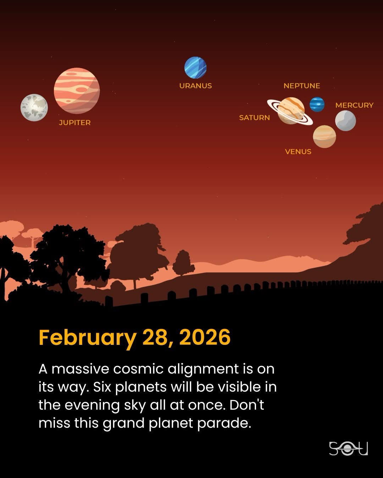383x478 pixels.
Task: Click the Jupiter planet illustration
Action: [77, 91]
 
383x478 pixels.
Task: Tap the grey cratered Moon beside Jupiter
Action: [34, 108]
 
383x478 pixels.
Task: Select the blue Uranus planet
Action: [195, 68]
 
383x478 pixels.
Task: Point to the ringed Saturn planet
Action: [290, 110]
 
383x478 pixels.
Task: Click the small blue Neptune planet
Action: [317, 104]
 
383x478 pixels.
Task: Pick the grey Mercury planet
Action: [345, 121]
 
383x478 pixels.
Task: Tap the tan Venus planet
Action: [324, 136]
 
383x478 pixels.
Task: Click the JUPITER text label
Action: [75, 123]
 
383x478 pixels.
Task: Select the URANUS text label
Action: [196, 86]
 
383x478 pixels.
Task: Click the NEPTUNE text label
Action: [302, 86]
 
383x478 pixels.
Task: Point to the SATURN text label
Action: [254, 118]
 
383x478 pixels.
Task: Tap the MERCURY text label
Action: [354, 105]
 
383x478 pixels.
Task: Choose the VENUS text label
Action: [298, 152]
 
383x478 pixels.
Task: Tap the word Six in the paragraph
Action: [102, 387]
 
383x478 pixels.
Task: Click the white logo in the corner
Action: [348, 448]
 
